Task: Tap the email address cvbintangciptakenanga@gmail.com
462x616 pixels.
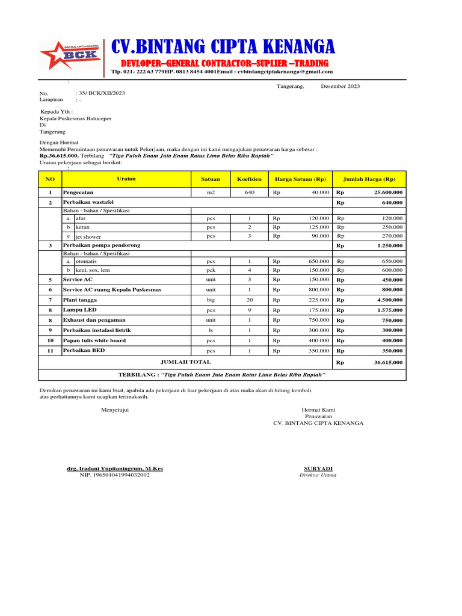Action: click(x=285, y=72)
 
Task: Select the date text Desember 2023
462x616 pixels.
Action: click(x=340, y=87)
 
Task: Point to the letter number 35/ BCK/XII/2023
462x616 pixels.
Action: click(x=102, y=93)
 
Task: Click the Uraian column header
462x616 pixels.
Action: click(x=126, y=179)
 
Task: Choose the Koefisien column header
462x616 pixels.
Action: click(x=249, y=179)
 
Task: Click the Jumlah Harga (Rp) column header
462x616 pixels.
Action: click(x=369, y=179)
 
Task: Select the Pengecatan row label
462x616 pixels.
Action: click(x=78, y=192)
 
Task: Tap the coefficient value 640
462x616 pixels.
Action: click(x=249, y=192)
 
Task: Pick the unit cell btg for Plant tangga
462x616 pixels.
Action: click(x=211, y=300)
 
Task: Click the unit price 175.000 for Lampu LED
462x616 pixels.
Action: click(x=318, y=310)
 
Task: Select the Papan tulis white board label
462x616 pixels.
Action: click(x=94, y=340)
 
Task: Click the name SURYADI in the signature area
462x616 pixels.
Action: click(x=318, y=469)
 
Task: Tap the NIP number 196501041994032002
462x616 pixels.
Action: click(x=114, y=475)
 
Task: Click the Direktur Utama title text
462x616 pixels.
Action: click(x=318, y=475)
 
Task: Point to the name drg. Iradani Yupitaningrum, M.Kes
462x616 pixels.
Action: click(x=114, y=469)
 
